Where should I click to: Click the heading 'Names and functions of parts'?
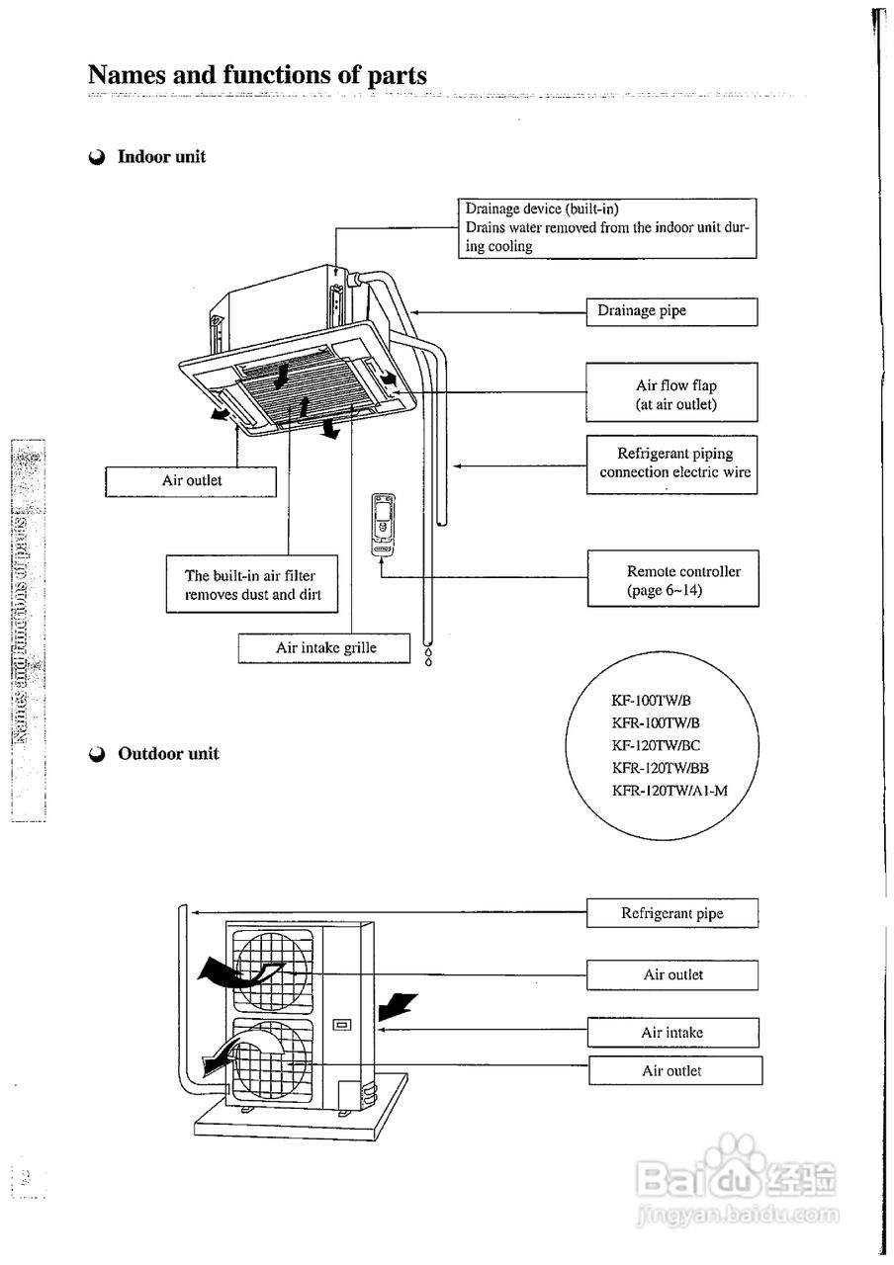257,75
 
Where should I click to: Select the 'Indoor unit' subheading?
161,156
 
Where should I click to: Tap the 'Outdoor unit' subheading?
168,754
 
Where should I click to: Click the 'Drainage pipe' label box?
671,311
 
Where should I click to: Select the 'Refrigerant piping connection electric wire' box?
671,464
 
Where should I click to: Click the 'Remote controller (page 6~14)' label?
673,579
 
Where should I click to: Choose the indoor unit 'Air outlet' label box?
191,481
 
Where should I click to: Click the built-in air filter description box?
252,585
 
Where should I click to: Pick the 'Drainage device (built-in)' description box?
606,228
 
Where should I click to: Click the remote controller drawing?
382,523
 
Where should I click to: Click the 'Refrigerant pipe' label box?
671,914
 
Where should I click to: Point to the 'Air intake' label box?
672,1033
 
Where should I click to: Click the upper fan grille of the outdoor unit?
273,970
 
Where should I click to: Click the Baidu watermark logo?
738,1176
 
